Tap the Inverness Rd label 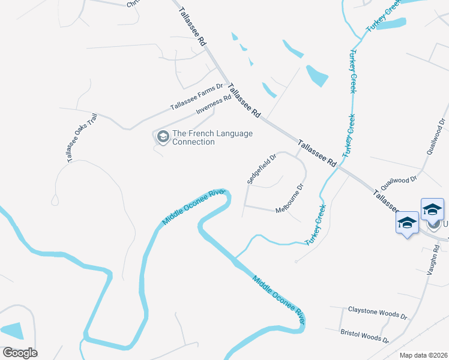[x=214, y=106]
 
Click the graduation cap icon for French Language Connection [x=162, y=137]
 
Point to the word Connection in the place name [x=193, y=142]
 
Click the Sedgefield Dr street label [x=262, y=169]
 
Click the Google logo [x=20, y=353]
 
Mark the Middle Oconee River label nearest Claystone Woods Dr [x=279, y=301]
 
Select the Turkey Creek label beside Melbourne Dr [x=316, y=224]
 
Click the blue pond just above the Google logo [x=11, y=331]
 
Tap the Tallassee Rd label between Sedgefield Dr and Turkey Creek [x=317, y=154]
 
